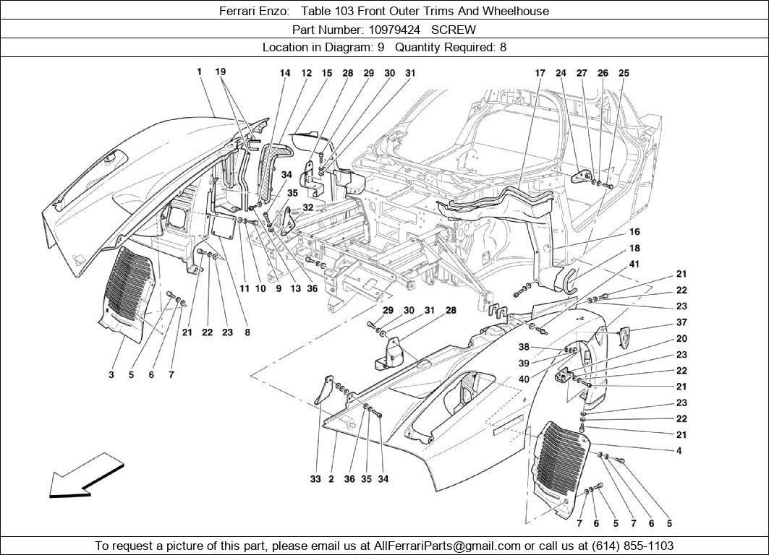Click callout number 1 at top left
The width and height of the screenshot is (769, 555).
point(198,72)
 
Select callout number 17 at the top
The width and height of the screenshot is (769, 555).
point(540,73)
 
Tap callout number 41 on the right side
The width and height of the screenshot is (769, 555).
point(634,264)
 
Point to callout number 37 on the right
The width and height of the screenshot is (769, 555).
point(681,323)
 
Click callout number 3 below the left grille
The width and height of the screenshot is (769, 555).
point(111,375)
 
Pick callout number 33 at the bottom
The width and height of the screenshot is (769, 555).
point(315,479)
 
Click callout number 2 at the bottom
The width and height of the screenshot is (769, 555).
point(331,479)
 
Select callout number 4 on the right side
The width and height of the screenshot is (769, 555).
point(679,451)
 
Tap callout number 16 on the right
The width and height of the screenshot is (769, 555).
point(634,232)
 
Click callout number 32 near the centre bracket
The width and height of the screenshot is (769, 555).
point(308,207)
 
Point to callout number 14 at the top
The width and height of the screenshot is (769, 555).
point(285,73)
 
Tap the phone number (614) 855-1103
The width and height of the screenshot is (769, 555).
point(629,546)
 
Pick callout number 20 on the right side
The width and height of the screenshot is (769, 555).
point(681,339)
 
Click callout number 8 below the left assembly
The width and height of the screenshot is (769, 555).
point(247,333)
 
